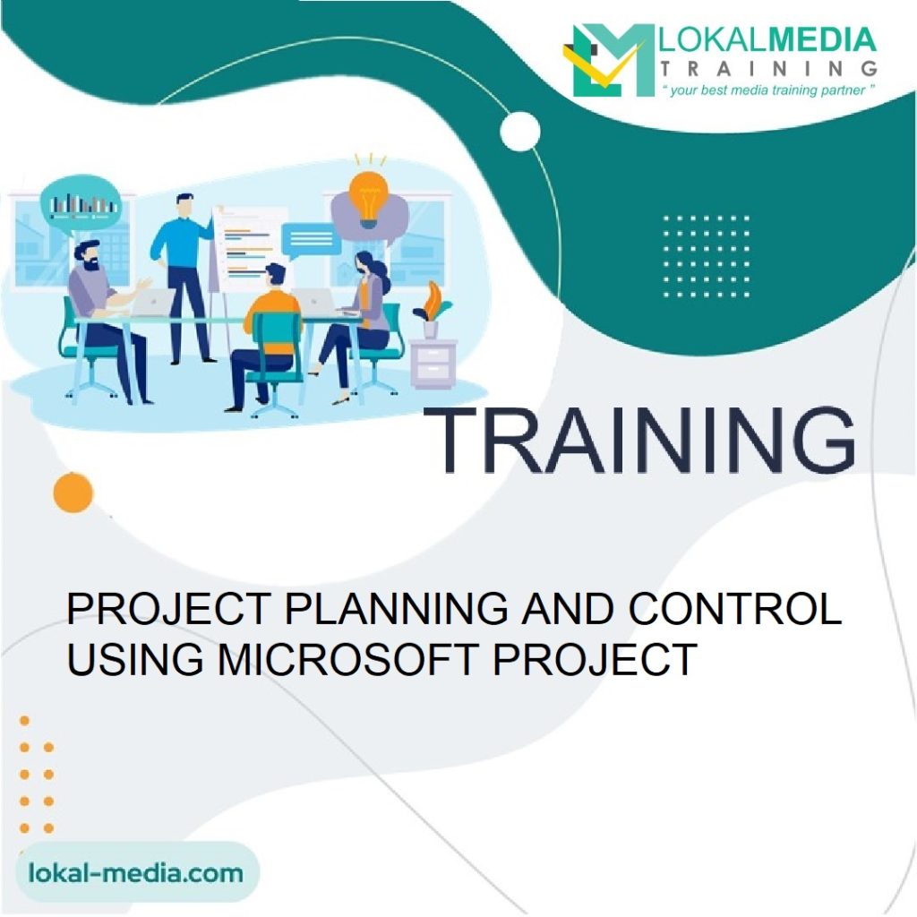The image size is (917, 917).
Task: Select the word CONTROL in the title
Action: coord(734,610)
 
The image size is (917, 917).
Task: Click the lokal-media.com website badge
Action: coord(135,872)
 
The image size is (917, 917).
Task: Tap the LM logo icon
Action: coord(609,60)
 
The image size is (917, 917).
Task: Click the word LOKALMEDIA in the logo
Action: coord(767,39)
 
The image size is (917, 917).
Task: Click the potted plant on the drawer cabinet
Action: coord(433,309)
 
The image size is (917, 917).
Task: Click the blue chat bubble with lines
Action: coord(310,238)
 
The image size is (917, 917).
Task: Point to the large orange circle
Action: coord(73,493)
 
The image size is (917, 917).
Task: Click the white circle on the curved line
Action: coord(520,132)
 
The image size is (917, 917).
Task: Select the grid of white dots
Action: coord(707,255)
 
